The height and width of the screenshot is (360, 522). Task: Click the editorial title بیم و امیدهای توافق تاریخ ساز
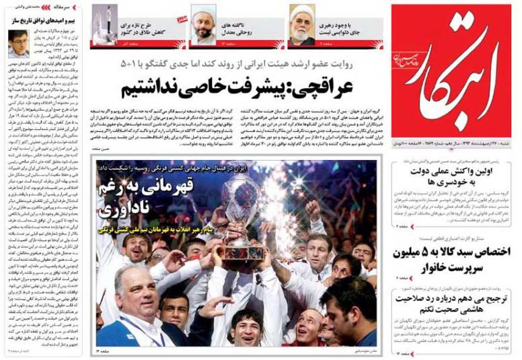(x=42, y=22)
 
